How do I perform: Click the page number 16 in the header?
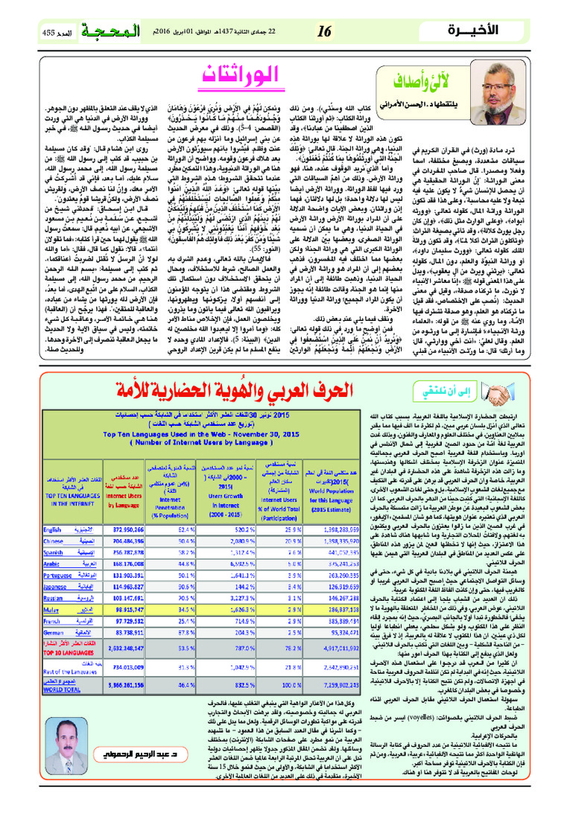coord(324,33)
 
